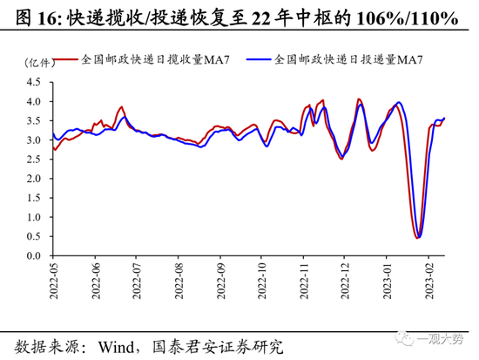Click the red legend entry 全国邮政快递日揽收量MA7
coord(144,61)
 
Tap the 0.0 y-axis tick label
coord(34,257)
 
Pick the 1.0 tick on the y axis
coord(34,218)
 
